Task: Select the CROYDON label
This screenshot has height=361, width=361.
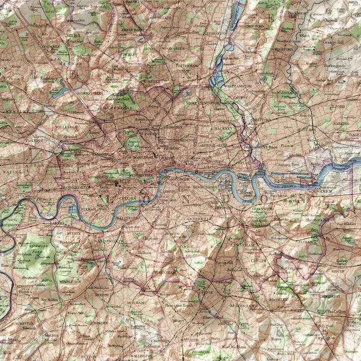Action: (x=160, y=340)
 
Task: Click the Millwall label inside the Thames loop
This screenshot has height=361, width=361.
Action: (x=246, y=192)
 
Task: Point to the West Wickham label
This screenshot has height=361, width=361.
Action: (x=233, y=346)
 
